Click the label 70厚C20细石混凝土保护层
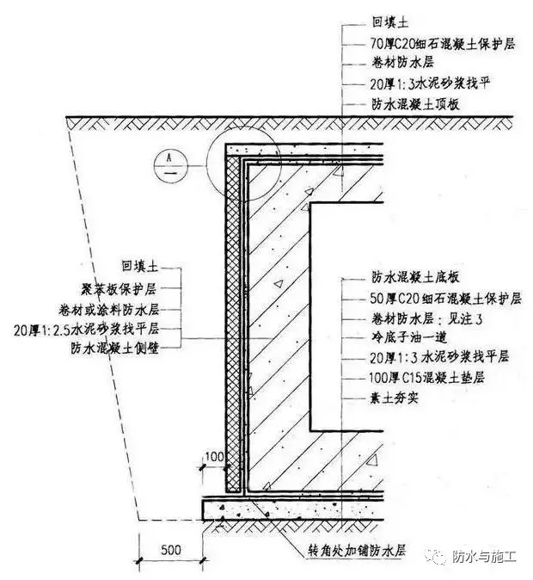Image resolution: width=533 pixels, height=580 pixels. (443, 44)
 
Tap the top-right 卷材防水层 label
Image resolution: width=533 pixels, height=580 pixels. (402, 63)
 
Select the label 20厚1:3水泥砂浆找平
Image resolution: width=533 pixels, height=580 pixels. (430, 83)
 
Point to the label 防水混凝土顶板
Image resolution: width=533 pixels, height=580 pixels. (415, 104)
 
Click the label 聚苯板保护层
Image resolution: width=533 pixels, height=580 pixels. (119, 289)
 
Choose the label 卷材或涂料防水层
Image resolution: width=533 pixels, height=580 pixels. (108, 310)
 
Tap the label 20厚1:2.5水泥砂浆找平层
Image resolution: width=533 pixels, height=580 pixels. (87, 329)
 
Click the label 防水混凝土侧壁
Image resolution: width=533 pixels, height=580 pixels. (115, 348)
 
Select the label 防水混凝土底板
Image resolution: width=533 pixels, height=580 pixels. (415, 277)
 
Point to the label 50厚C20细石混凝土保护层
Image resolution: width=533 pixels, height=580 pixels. (445, 298)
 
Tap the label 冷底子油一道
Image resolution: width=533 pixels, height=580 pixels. (409, 337)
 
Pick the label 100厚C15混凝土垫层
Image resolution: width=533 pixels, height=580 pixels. (426, 378)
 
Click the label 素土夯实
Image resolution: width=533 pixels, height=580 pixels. (394, 398)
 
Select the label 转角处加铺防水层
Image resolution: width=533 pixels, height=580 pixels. (357, 551)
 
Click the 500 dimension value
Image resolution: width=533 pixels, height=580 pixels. (171, 550)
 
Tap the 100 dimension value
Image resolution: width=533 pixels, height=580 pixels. (214, 456)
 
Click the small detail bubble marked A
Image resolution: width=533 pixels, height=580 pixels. (170, 165)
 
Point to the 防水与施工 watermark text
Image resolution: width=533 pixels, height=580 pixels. (484, 556)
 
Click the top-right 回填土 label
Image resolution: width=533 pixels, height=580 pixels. (390, 22)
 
